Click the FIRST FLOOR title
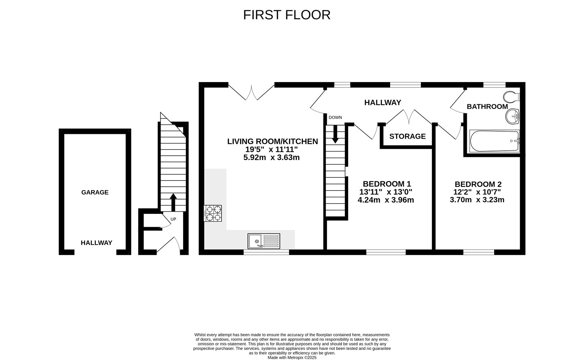pyautogui.click(x=287, y=15)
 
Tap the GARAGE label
pyautogui.click(x=95, y=192)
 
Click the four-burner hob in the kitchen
pyautogui.click(x=213, y=213)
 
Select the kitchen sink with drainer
pyautogui.click(x=264, y=241)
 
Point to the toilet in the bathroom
pyautogui.click(x=512, y=97)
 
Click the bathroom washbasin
pyautogui.click(x=512, y=116)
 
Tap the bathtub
pyautogui.click(x=495, y=141)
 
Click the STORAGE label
pyautogui.click(x=407, y=136)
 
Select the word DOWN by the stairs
pyautogui.click(x=335, y=117)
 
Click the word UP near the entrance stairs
pyautogui.click(x=173, y=219)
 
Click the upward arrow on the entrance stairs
pyautogui.click(x=173, y=202)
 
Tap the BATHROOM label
pyautogui.click(x=487, y=107)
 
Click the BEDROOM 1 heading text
pyautogui.click(x=387, y=184)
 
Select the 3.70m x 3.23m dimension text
pyautogui.click(x=477, y=200)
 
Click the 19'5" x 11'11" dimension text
pyautogui.click(x=272, y=150)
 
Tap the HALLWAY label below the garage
pyautogui.click(x=96, y=243)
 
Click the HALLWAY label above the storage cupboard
pyautogui.click(x=383, y=102)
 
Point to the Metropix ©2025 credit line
pyautogui.click(x=292, y=358)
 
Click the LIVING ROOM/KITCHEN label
pyautogui.click(x=273, y=142)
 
